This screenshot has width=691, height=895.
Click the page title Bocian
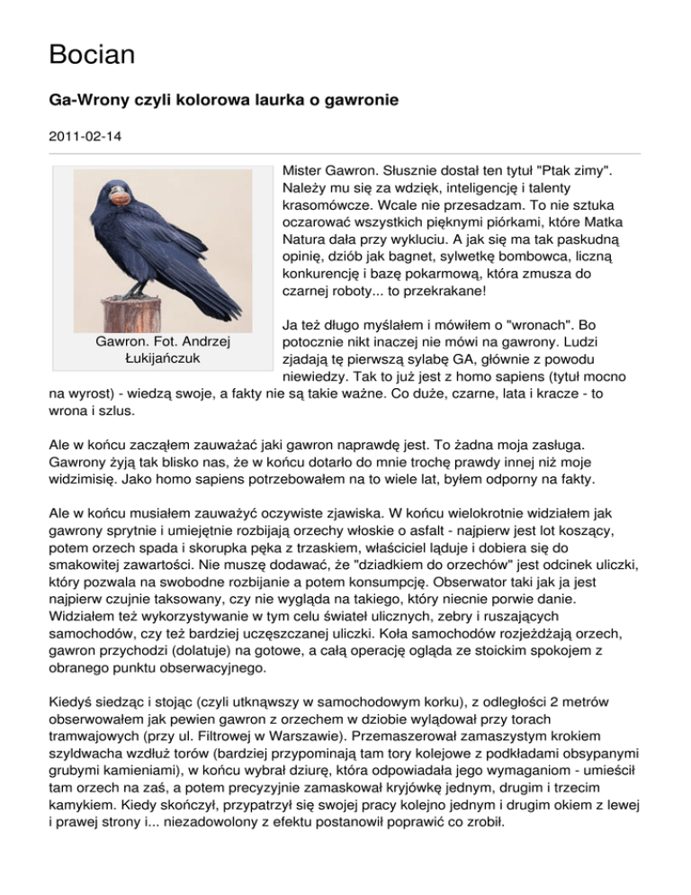click(92, 55)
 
